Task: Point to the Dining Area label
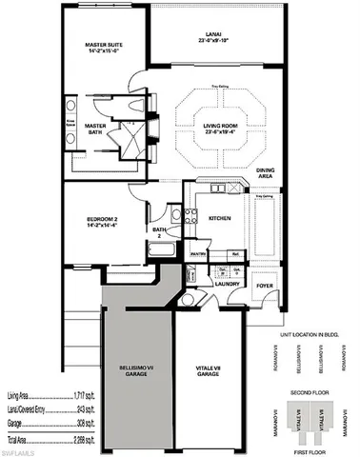[267, 173]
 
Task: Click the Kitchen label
[221, 218]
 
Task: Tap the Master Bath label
[95, 129]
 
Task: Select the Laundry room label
[227, 284]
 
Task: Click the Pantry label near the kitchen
[198, 255]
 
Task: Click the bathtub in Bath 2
[159, 251]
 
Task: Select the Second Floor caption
[310, 390]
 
